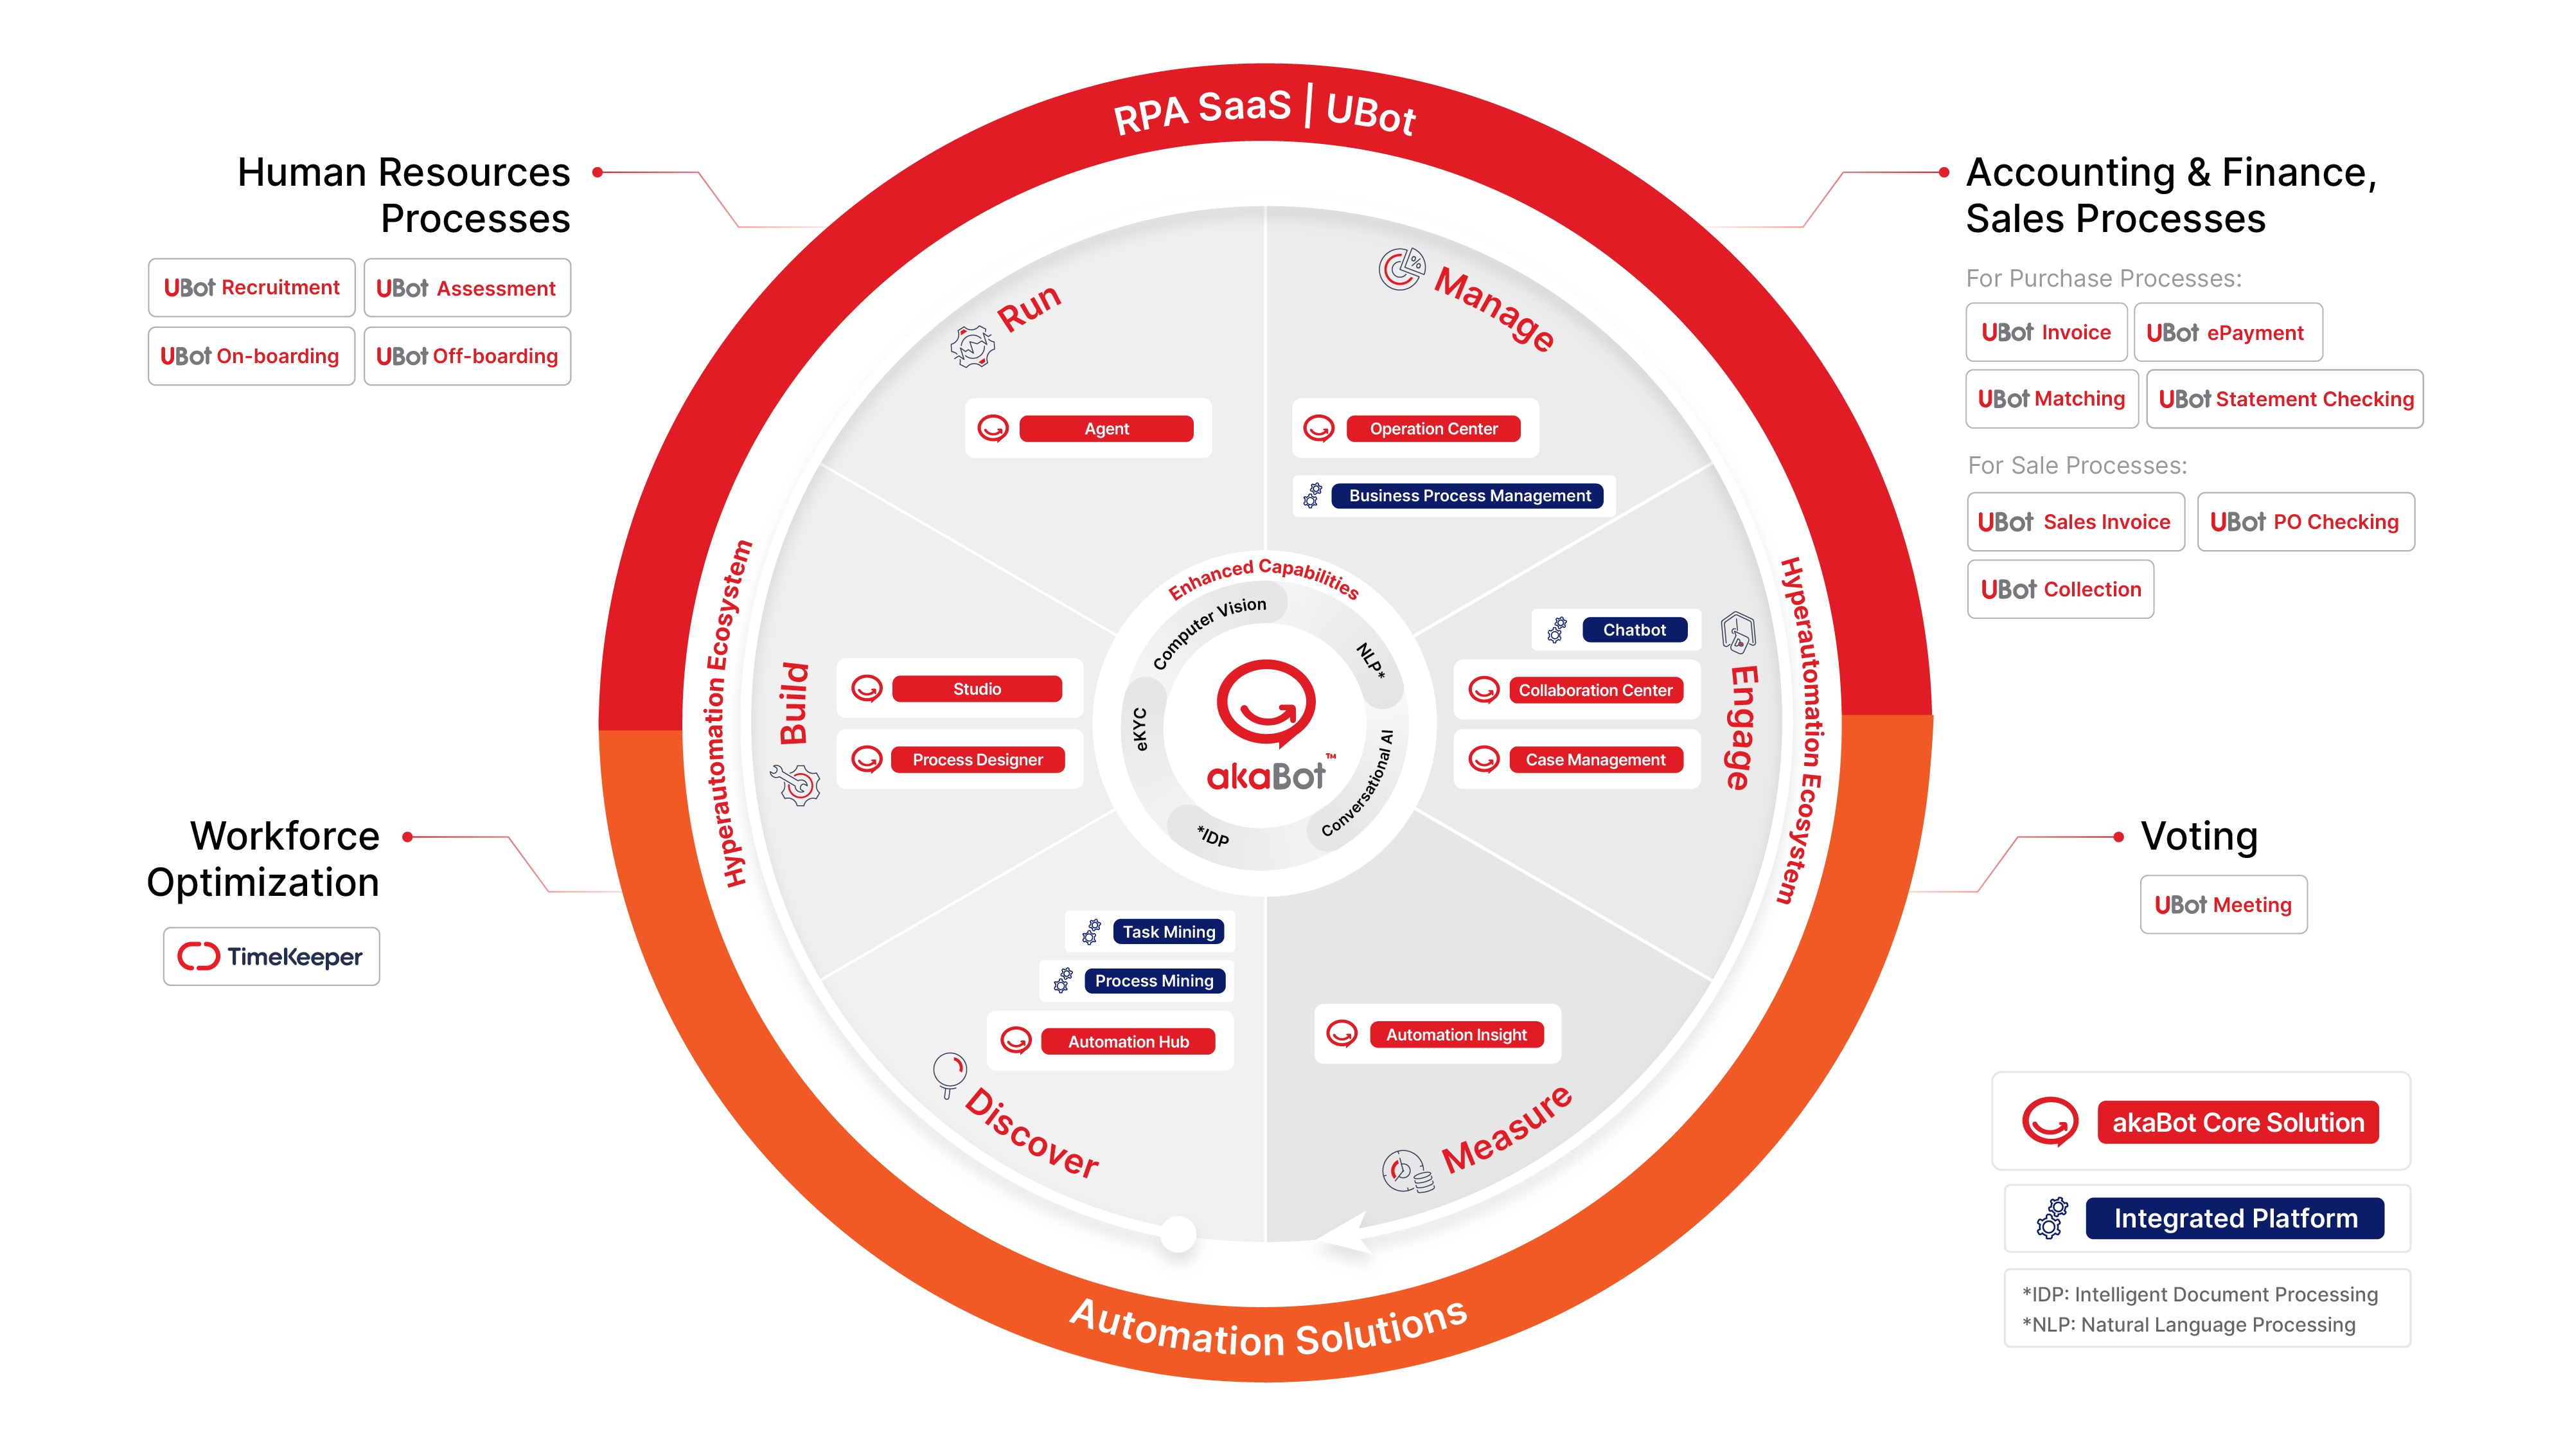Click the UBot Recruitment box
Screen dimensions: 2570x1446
[251, 287]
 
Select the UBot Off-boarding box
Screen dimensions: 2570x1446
[467, 356]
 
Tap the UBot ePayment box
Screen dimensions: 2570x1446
[2228, 332]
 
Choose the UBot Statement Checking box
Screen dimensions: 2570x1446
[2285, 399]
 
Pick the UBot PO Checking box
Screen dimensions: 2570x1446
[2306, 522]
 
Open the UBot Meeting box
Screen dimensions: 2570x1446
[2224, 905]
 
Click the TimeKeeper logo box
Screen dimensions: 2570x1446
[271, 957]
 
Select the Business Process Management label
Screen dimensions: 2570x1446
[1469, 496]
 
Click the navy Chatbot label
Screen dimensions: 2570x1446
[1634, 630]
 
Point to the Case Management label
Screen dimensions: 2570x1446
[1595, 760]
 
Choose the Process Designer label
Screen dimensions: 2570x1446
[978, 760]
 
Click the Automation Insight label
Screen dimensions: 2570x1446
[1456, 1035]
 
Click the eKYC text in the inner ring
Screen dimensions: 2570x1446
[1140, 729]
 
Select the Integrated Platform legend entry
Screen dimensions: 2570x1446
[2208, 1218]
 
